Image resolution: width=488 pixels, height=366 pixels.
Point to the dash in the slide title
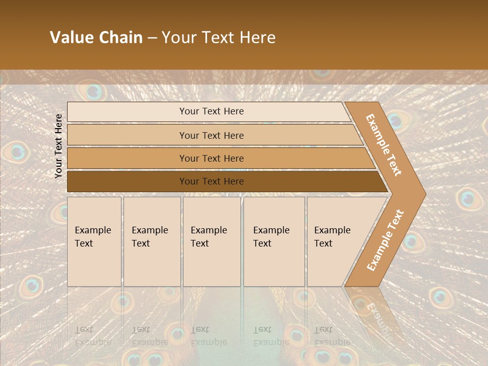[x=152, y=38]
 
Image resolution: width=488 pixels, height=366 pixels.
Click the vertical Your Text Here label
[x=58, y=146]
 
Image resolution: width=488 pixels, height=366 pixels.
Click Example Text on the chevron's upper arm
[x=384, y=145]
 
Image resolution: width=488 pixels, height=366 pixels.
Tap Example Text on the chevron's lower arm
[x=385, y=240]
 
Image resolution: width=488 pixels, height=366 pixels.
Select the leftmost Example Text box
[x=94, y=241]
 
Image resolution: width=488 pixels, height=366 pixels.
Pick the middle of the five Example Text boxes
[x=211, y=241]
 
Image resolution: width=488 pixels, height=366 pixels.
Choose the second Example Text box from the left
[x=151, y=241]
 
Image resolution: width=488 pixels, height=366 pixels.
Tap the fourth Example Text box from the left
[x=273, y=241]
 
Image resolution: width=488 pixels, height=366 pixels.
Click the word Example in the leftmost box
[x=93, y=230]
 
